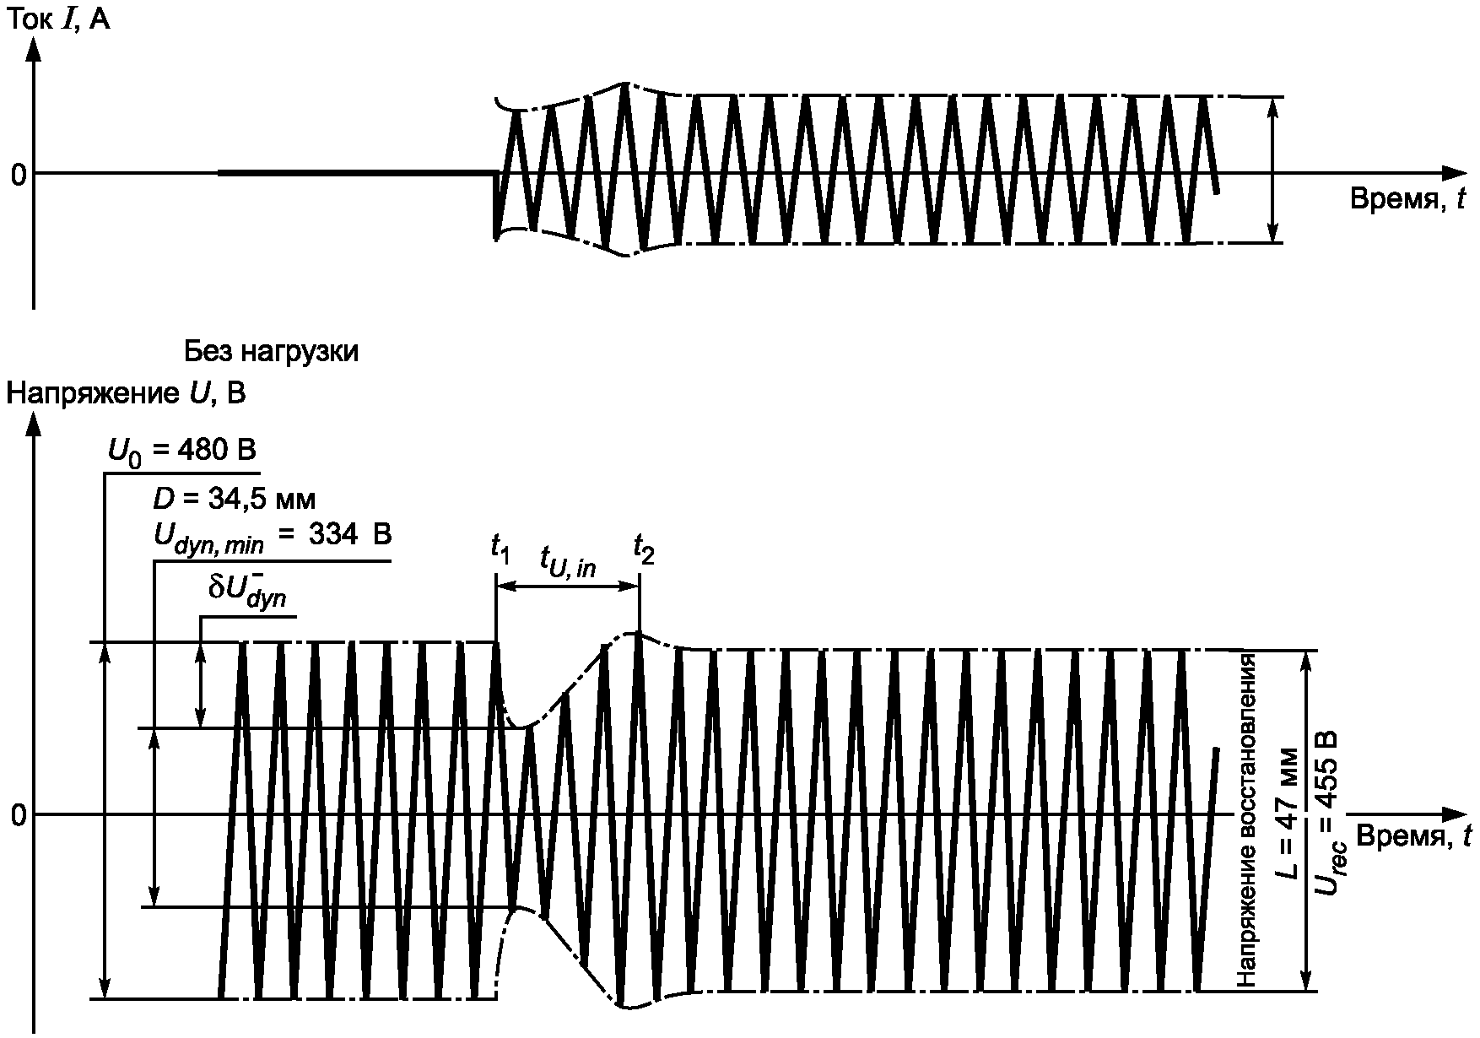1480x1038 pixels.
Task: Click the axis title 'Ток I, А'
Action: [58, 19]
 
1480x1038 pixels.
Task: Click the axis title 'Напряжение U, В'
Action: [126, 393]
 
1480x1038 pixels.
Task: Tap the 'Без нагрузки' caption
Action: [271, 351]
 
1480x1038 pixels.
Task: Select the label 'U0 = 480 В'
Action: [181, 452]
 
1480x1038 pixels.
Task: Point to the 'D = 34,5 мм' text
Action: [234, 500]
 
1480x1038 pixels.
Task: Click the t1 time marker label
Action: [500, 549]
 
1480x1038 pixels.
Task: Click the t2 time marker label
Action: [644, 549]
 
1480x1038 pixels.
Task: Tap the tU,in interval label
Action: [568, 565]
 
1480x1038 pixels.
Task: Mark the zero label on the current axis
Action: [18, 175]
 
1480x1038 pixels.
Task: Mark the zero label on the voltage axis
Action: [18, 816]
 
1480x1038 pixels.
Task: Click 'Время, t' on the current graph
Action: [1408, 199]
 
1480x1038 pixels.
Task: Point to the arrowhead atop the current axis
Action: [34, 51]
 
